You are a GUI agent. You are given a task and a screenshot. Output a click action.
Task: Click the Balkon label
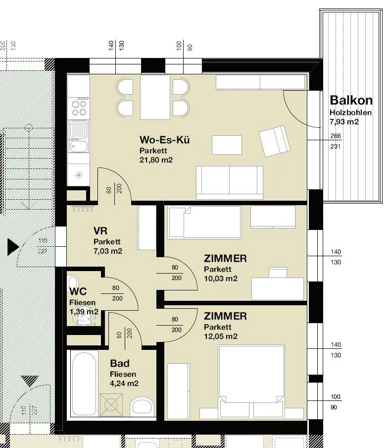[351, 100]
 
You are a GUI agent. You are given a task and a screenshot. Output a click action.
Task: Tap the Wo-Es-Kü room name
[165, 140]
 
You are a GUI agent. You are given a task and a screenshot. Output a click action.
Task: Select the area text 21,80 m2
[156, 160]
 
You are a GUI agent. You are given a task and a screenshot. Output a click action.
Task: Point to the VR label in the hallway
[100, 230]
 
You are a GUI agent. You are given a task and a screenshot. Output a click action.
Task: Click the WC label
[78, 291]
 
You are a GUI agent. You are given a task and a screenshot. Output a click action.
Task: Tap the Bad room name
[120, 363]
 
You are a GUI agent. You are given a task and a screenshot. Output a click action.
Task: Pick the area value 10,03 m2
[221, 279]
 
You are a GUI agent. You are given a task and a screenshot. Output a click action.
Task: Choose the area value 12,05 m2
[221, 336]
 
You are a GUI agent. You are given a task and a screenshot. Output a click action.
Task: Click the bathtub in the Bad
[84, 384]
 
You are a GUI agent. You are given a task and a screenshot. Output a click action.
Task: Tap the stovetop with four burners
[79, 108]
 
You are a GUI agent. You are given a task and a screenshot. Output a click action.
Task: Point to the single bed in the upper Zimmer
[205, 223]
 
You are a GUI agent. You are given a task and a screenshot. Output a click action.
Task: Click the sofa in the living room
[229, 183]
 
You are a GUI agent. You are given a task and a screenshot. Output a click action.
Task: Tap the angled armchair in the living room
[275, 141]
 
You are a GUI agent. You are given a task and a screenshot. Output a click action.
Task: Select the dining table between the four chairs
[155, 98]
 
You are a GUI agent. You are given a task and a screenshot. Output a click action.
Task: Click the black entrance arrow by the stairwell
[13, 247]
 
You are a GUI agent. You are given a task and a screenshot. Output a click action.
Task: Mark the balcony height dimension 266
[336, 136]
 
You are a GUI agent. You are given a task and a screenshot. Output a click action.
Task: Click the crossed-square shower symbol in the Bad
[111, 404]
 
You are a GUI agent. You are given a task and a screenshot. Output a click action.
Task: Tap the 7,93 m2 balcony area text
[344, 122]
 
